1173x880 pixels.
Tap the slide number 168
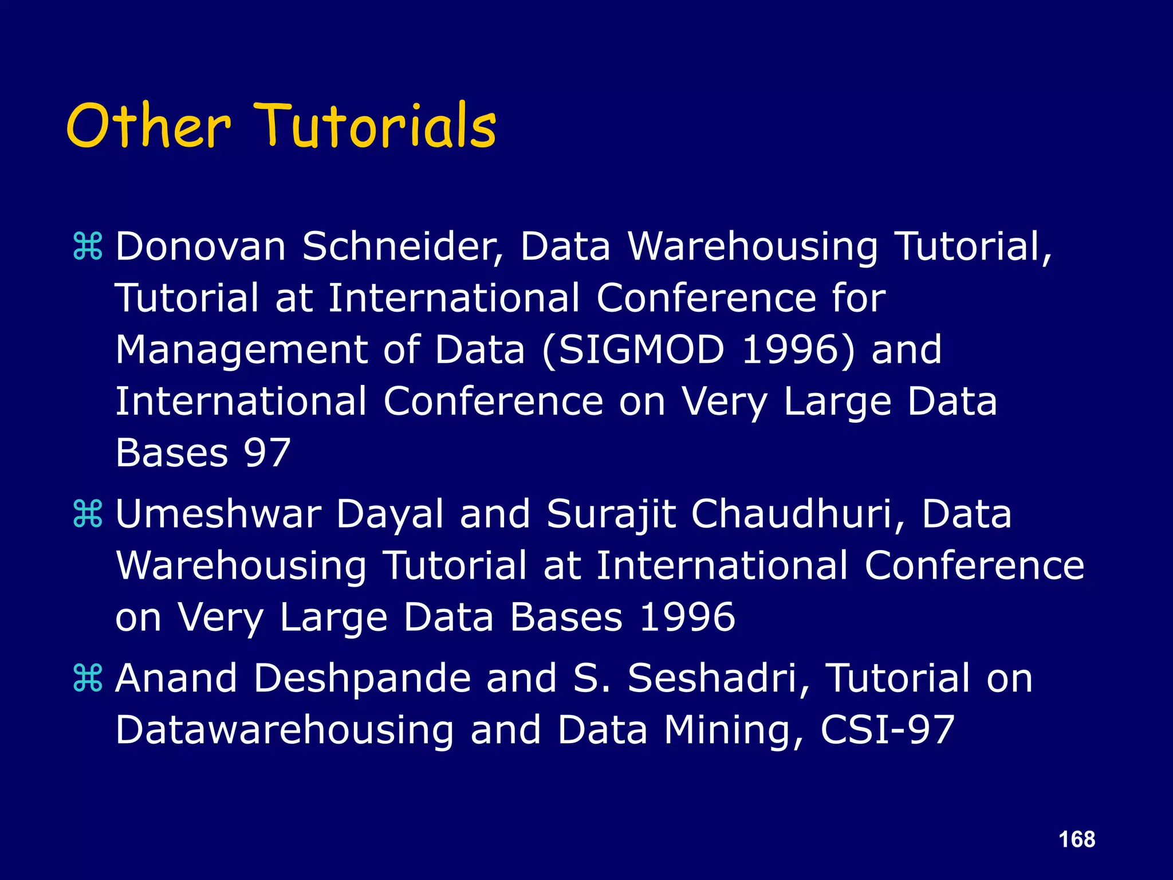click(x=1077, y=839)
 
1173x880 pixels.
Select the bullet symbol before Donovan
click(x=88, y=246)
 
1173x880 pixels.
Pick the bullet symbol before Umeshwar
click(x=88, y=513)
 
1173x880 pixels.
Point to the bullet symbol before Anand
click(x=88, y=678)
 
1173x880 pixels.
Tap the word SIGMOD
click(x=641, y=349)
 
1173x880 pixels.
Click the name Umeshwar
click(x=218, y=513)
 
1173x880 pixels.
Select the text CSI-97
click(x=887, y=729)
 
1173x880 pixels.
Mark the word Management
click(x=241, y=349)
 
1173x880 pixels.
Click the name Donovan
click(x=200, y=246)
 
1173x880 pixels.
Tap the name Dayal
click(x=389, y=513)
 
